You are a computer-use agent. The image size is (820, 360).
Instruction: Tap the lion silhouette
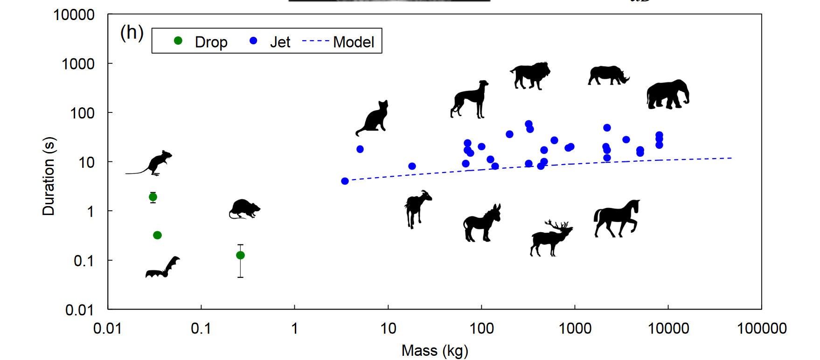click(x=530, y=76)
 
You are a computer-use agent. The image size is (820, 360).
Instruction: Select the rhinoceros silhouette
click(x=607, y=76)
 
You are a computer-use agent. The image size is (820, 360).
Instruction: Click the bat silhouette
click(x=162, y=269)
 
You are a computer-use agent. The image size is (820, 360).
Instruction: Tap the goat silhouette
click(x=417, y=208)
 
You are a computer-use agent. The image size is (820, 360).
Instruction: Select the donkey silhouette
click(x=481, y=224)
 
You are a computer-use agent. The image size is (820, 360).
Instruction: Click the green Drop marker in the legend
click(x=178, y=41)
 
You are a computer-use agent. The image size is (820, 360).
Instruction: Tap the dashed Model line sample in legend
click(x=316, y=41)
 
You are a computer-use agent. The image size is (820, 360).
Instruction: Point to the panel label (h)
click(x=132, y=33)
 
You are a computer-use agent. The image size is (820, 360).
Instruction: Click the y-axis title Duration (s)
click(x=49, y=176)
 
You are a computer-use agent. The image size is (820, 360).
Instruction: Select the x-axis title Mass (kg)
click(x=435, y=351)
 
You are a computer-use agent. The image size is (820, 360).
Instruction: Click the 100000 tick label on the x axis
click(x=761, y=329)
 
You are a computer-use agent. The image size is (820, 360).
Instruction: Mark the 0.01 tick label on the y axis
click(x=79, y=310)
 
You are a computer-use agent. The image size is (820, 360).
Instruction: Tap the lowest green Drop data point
click(x=240, y=255)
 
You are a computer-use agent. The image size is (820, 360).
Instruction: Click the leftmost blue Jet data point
click(x=345, y=181)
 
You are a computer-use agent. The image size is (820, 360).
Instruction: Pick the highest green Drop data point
click(x=153, y=197)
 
